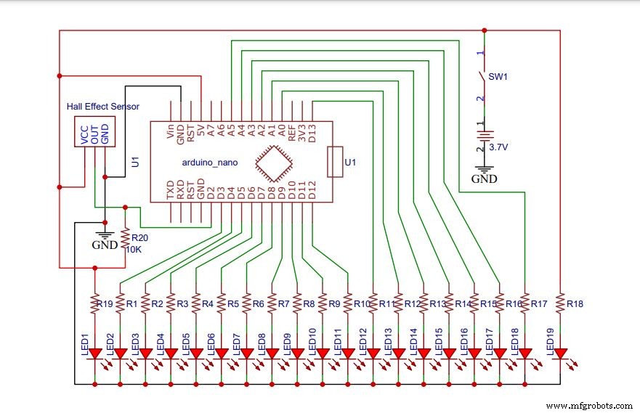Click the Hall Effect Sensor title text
(x=102, y=107)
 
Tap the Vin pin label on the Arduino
(x=171, y=131)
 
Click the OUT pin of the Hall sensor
(x=94, y=135)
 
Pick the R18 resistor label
(x=575, y=303)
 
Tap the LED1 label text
(x=84, y=340)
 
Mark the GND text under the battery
(x=485, y=178)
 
